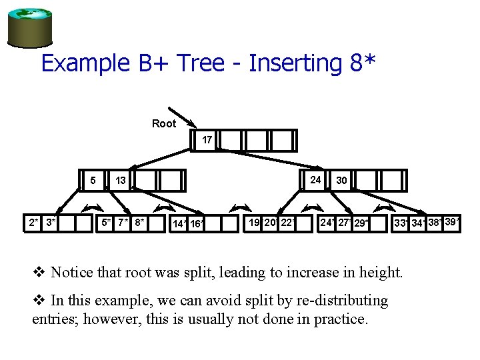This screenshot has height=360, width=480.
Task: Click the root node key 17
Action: (x=207, y=141)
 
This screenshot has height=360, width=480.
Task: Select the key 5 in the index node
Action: (x=93, y=180)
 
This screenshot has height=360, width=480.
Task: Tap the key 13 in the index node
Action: (x=121, y=180)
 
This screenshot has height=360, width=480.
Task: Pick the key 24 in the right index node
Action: (x=315, y=179)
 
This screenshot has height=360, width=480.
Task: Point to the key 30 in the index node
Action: (x=341, y=180)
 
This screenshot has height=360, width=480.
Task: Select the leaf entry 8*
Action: (x=139, y=222)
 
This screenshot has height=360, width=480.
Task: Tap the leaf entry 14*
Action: (x=179, y=224)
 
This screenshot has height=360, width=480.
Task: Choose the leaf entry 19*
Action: (x=255, y=222)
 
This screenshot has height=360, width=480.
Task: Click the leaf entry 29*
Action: (x=361, y=223)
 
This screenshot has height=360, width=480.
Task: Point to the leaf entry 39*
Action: (x=452, y=221)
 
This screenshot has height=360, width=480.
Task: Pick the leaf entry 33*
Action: (x=401, y=223)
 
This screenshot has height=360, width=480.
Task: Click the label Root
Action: (x=164, y=123)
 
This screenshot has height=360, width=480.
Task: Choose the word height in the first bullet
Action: (x=379, y=272)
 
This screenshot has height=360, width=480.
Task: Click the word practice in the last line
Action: (x=339, y=319)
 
